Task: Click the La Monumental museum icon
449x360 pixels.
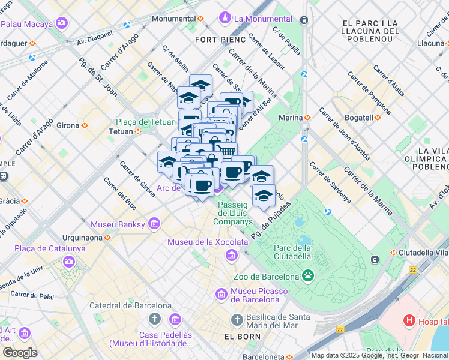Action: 225,18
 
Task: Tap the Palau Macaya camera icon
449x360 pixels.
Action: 62,23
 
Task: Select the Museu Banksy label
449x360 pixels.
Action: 118,224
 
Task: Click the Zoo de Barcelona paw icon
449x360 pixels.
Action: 308,276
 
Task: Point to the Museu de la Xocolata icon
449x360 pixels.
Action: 231,256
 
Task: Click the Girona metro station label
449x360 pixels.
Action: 68,125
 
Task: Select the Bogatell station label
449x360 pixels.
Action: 359,118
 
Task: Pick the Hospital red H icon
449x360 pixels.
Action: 409,320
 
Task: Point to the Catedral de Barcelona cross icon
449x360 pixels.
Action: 155,318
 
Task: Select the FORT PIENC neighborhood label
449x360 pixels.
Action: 220,40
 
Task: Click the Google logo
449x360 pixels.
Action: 20,353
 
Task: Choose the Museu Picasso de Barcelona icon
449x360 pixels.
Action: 220,295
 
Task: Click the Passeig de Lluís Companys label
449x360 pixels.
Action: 232,213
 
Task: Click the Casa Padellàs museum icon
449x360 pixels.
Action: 175,319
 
